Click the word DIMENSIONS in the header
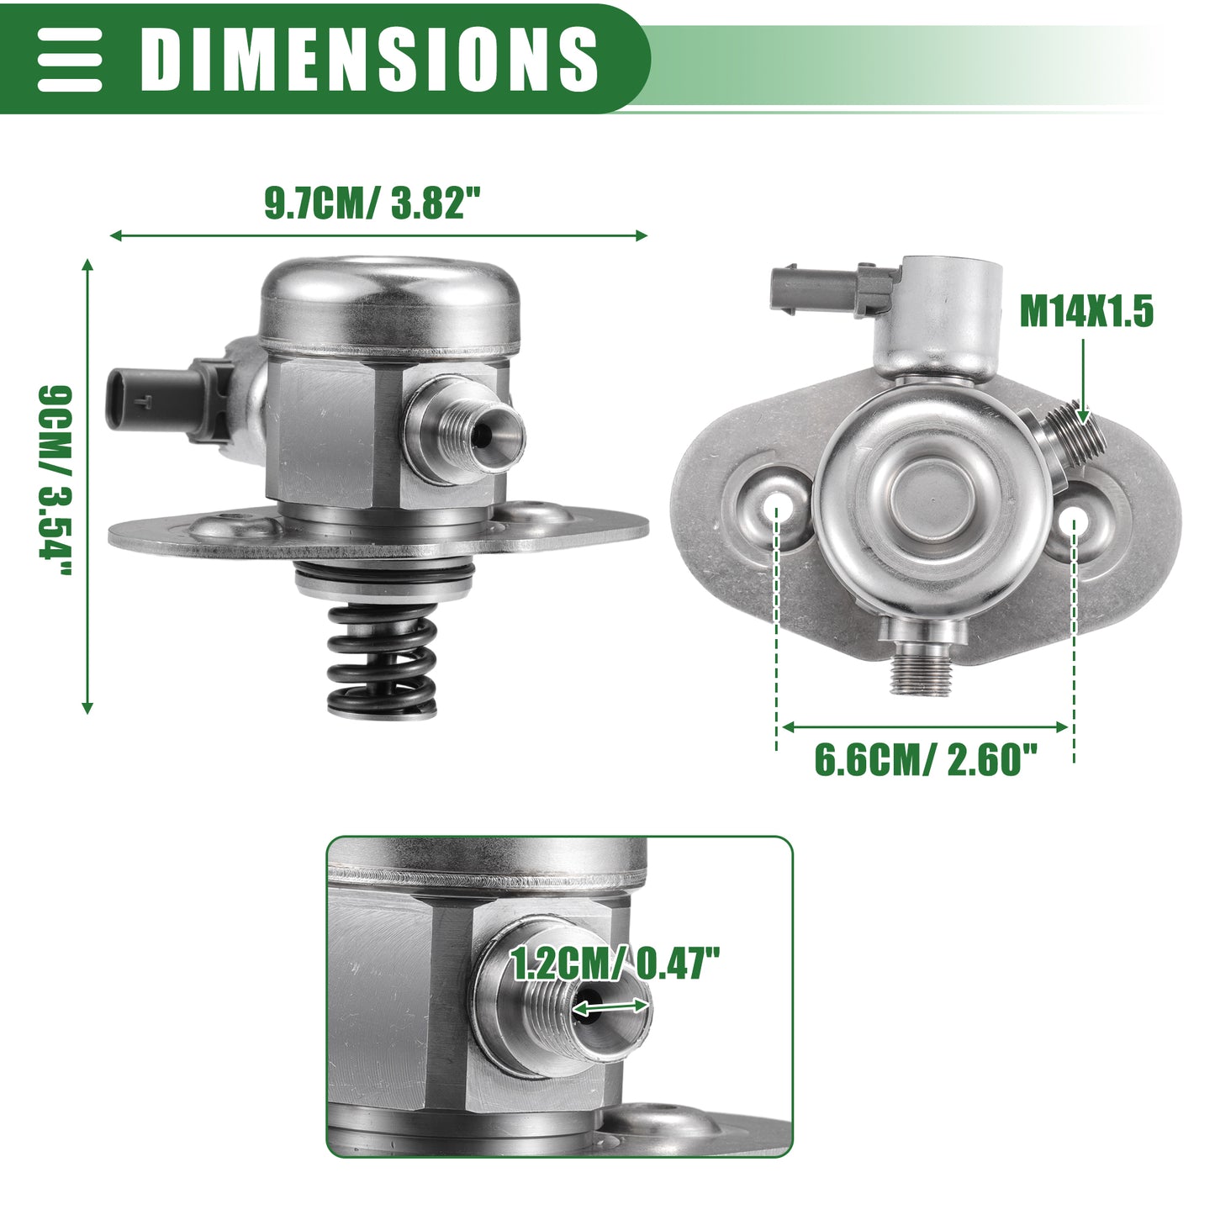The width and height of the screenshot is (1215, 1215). coord(369,59)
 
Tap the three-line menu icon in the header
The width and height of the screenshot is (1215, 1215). coord(69,59)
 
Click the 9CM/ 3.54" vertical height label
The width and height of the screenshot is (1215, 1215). coord(55,480)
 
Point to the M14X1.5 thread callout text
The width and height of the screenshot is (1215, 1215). coord(1086,311)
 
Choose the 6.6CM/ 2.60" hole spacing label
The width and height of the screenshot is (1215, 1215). coord(926,760)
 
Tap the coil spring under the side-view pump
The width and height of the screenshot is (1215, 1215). coord(383,661)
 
